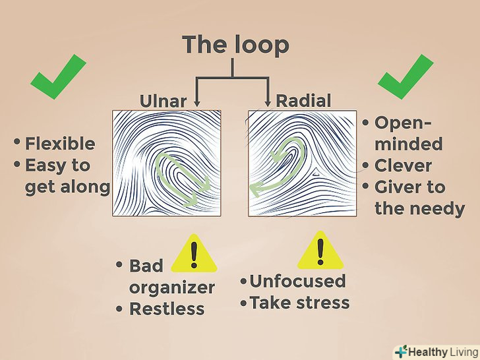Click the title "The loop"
pos(235,44)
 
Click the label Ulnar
pos(163,101)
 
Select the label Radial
pos(303,101)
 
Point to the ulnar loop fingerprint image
pos(167,164)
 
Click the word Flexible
pos(60,144)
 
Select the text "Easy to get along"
pos(67,176)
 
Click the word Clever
pos(403,165)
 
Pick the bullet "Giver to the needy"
pos(418,198)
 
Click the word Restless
pos(167,309)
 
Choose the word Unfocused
pos(297,281)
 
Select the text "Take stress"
pos(299,303)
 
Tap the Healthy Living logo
pos(436,351)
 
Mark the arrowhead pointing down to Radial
pos(268,102)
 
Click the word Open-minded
pos(407,133)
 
